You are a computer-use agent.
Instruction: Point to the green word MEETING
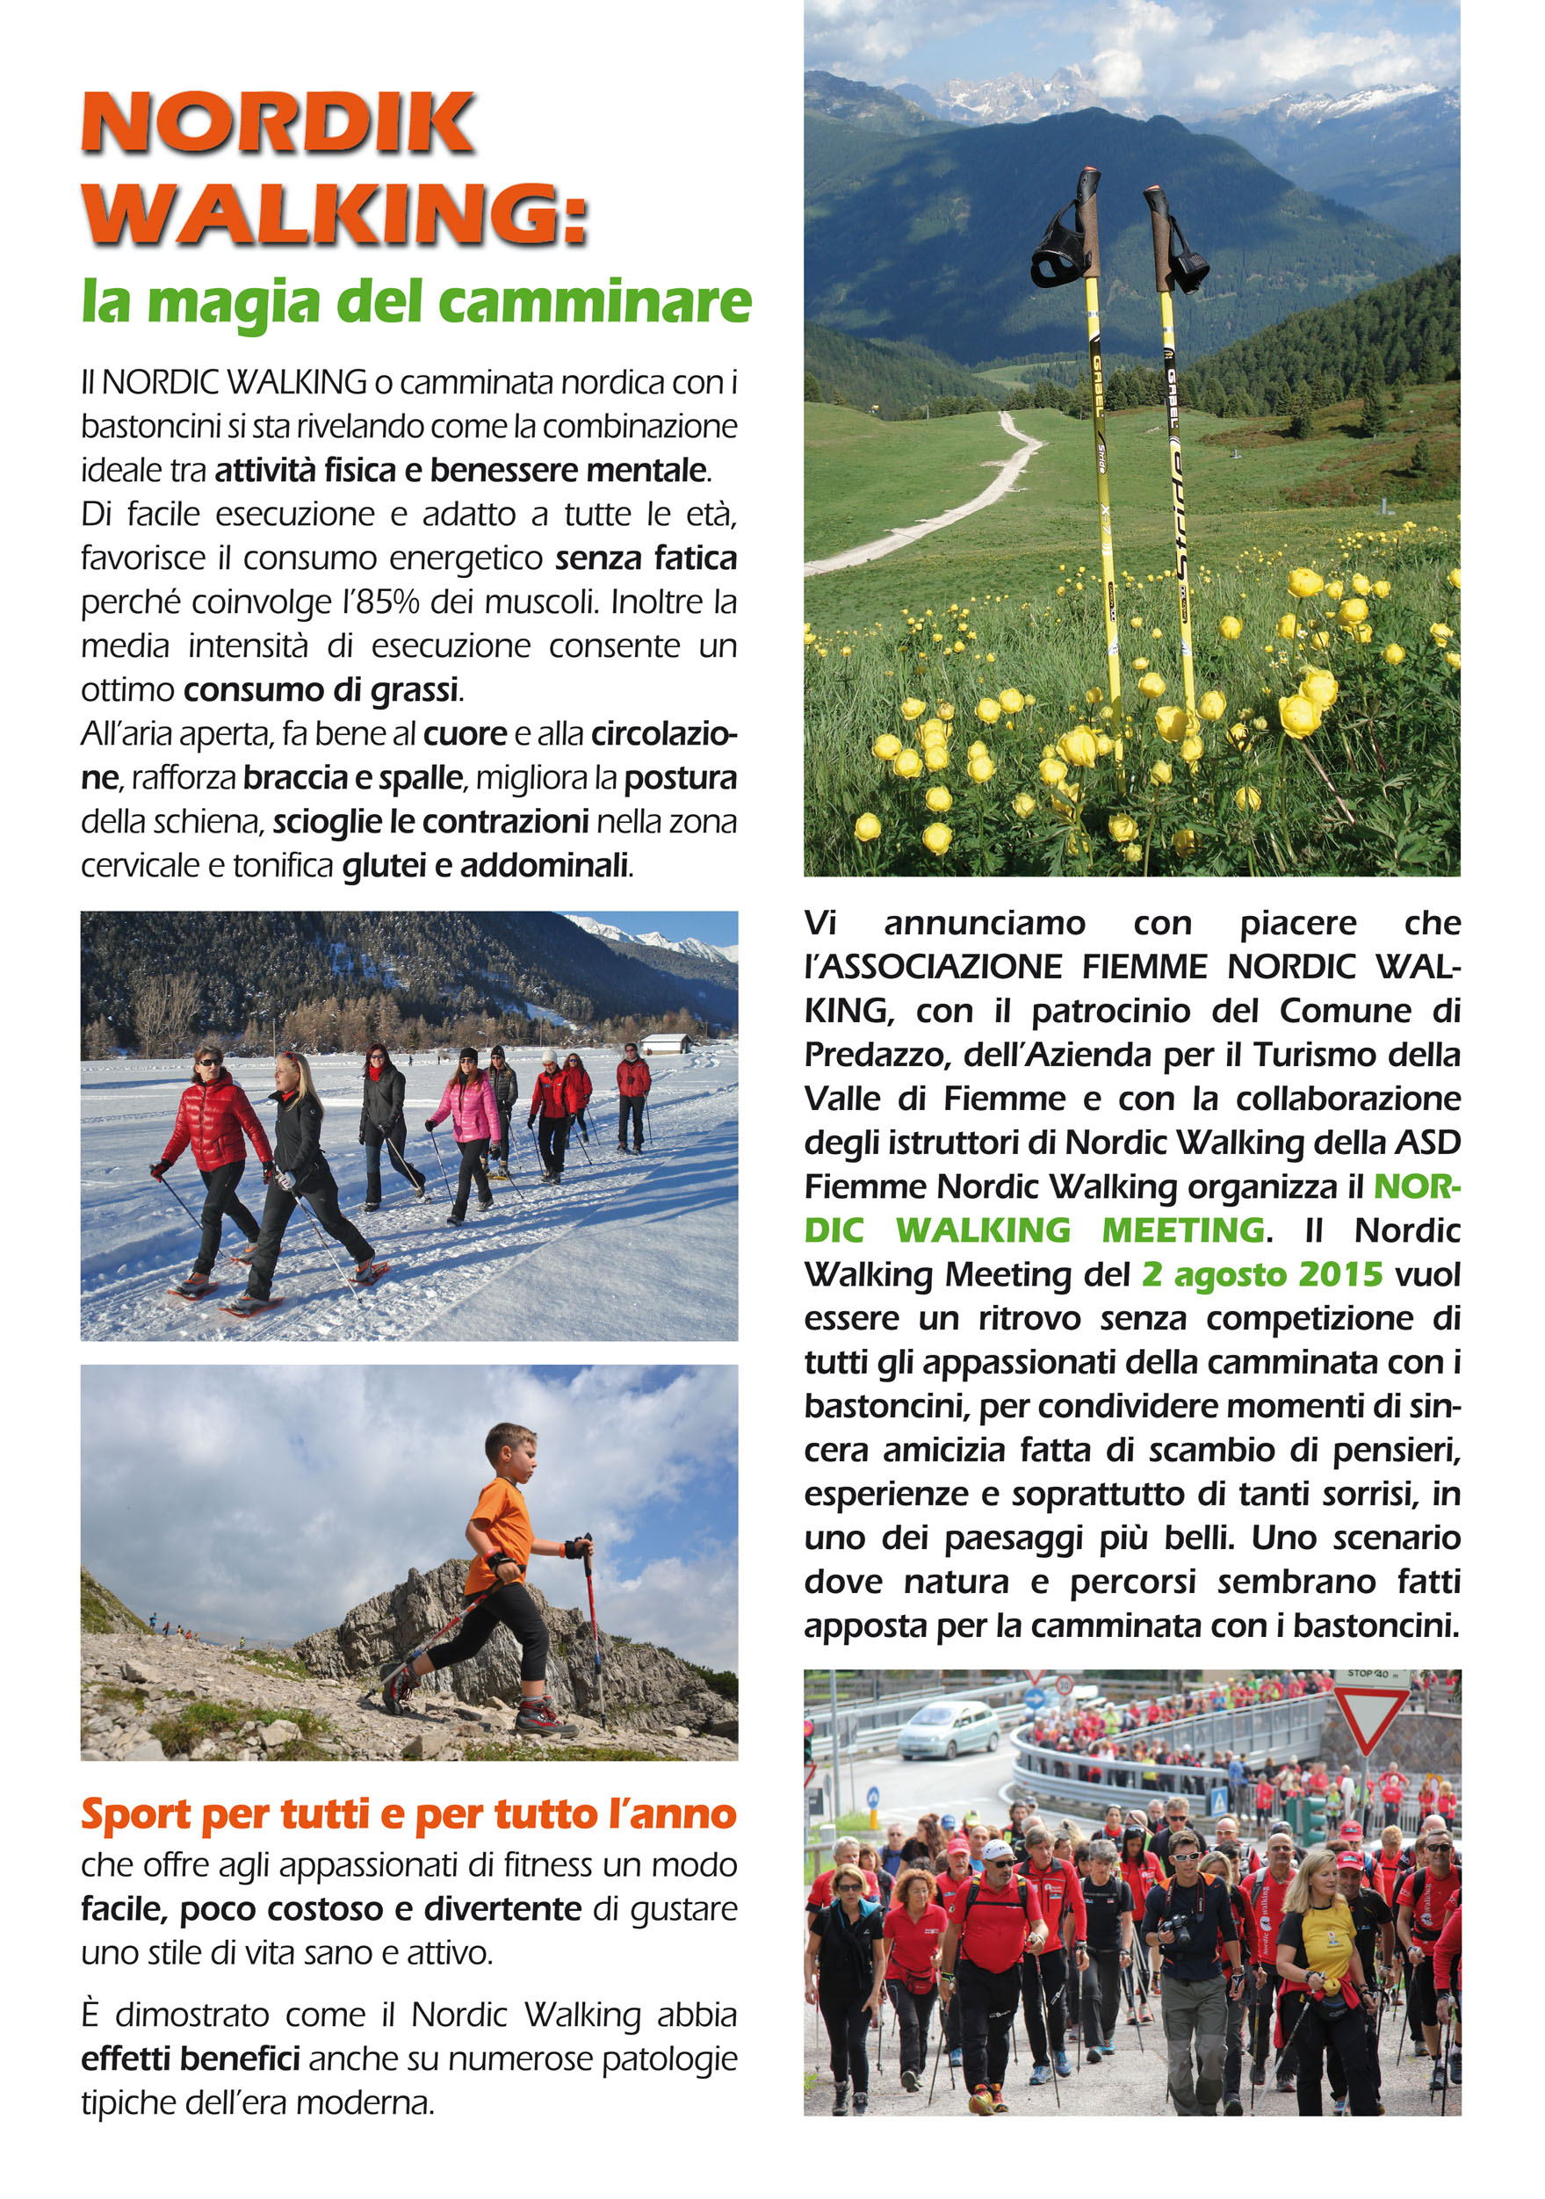click(1182, 1230)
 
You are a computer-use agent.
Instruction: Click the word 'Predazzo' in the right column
click(875, 1055)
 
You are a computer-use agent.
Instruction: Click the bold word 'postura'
click(680, 778)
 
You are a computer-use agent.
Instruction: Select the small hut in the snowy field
click(666, 1043)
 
